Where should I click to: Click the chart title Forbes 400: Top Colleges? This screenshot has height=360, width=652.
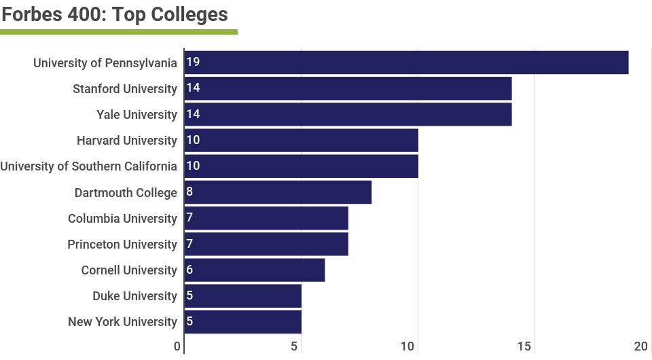tap(115, 14)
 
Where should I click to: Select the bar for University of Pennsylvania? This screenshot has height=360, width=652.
tap(406, 62)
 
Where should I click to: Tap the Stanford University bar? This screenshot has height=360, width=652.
tap(348, 88)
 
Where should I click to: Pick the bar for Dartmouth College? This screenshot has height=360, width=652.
tap(278, 192)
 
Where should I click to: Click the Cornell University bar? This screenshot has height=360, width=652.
tap(255, 270)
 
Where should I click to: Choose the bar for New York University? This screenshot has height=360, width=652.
tap(243, 321)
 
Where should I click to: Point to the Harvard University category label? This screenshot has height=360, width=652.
tap(126, 141)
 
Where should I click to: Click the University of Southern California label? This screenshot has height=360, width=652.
tap(88, 166)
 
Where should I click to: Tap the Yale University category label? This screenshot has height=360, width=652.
tap(137, 115)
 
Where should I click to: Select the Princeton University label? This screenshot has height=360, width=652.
tap(122, 245)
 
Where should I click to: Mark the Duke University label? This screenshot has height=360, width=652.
tap(134, 296)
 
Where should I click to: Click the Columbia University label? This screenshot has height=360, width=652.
tap(122, 219)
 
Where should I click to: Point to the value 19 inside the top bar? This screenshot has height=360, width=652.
tap(193, 62)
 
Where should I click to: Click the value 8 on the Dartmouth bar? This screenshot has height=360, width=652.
tap(189, 192)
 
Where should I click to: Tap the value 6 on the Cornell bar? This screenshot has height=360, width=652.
tap(189, 270)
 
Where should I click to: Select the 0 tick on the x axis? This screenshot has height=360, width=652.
tap(177, 346)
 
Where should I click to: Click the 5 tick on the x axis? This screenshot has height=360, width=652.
tap(294, 346)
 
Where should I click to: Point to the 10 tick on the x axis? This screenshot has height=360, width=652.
tap(407, 346)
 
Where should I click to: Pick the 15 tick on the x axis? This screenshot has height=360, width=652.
tap(524, 346)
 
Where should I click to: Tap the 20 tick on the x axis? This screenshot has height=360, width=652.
tap(641, 346)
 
